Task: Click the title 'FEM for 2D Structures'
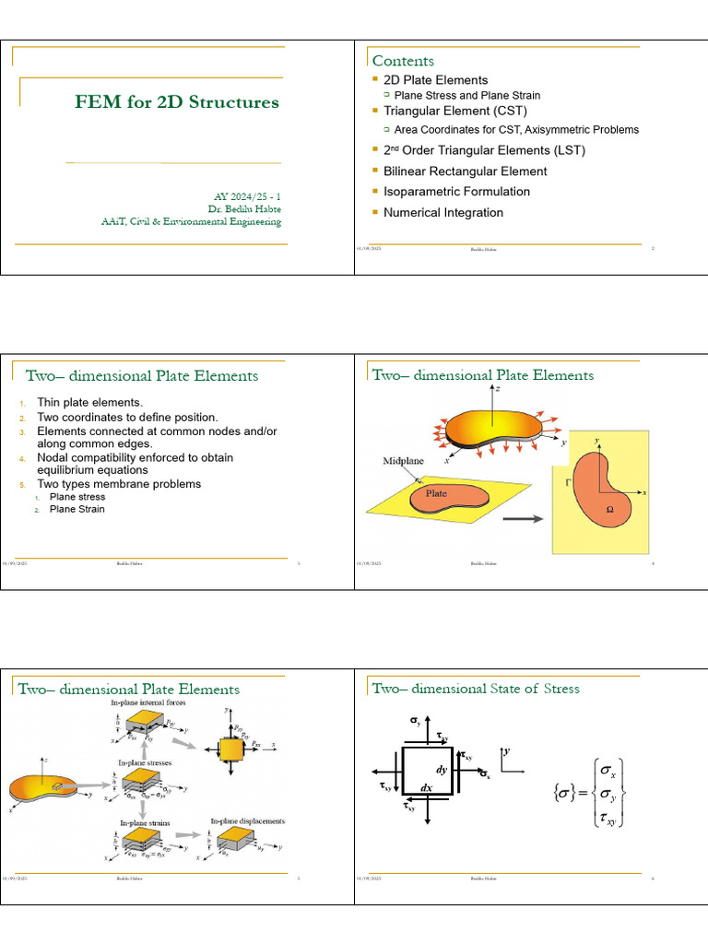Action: tap(177, 102)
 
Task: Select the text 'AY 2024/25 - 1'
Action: tap(247, 197)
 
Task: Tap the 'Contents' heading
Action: tap(403, 61)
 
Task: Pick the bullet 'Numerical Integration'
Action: tap(443, 213)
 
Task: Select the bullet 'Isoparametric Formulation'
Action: tap(456, 192)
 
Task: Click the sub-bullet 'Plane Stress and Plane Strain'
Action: tap(466, 95)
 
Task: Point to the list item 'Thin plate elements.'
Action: tap(89, 403)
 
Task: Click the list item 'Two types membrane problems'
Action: tap(118, 484)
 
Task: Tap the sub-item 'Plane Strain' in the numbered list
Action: tap(77, 509)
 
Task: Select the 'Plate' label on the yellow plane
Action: tap(435, 493)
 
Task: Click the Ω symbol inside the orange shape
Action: tap(609, 509)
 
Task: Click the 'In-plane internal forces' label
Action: tap(148, 703)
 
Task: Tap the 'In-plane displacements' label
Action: tap(247, 820)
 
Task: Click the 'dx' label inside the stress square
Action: tap(427, 788)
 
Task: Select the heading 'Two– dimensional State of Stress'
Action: tap(475, 689)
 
